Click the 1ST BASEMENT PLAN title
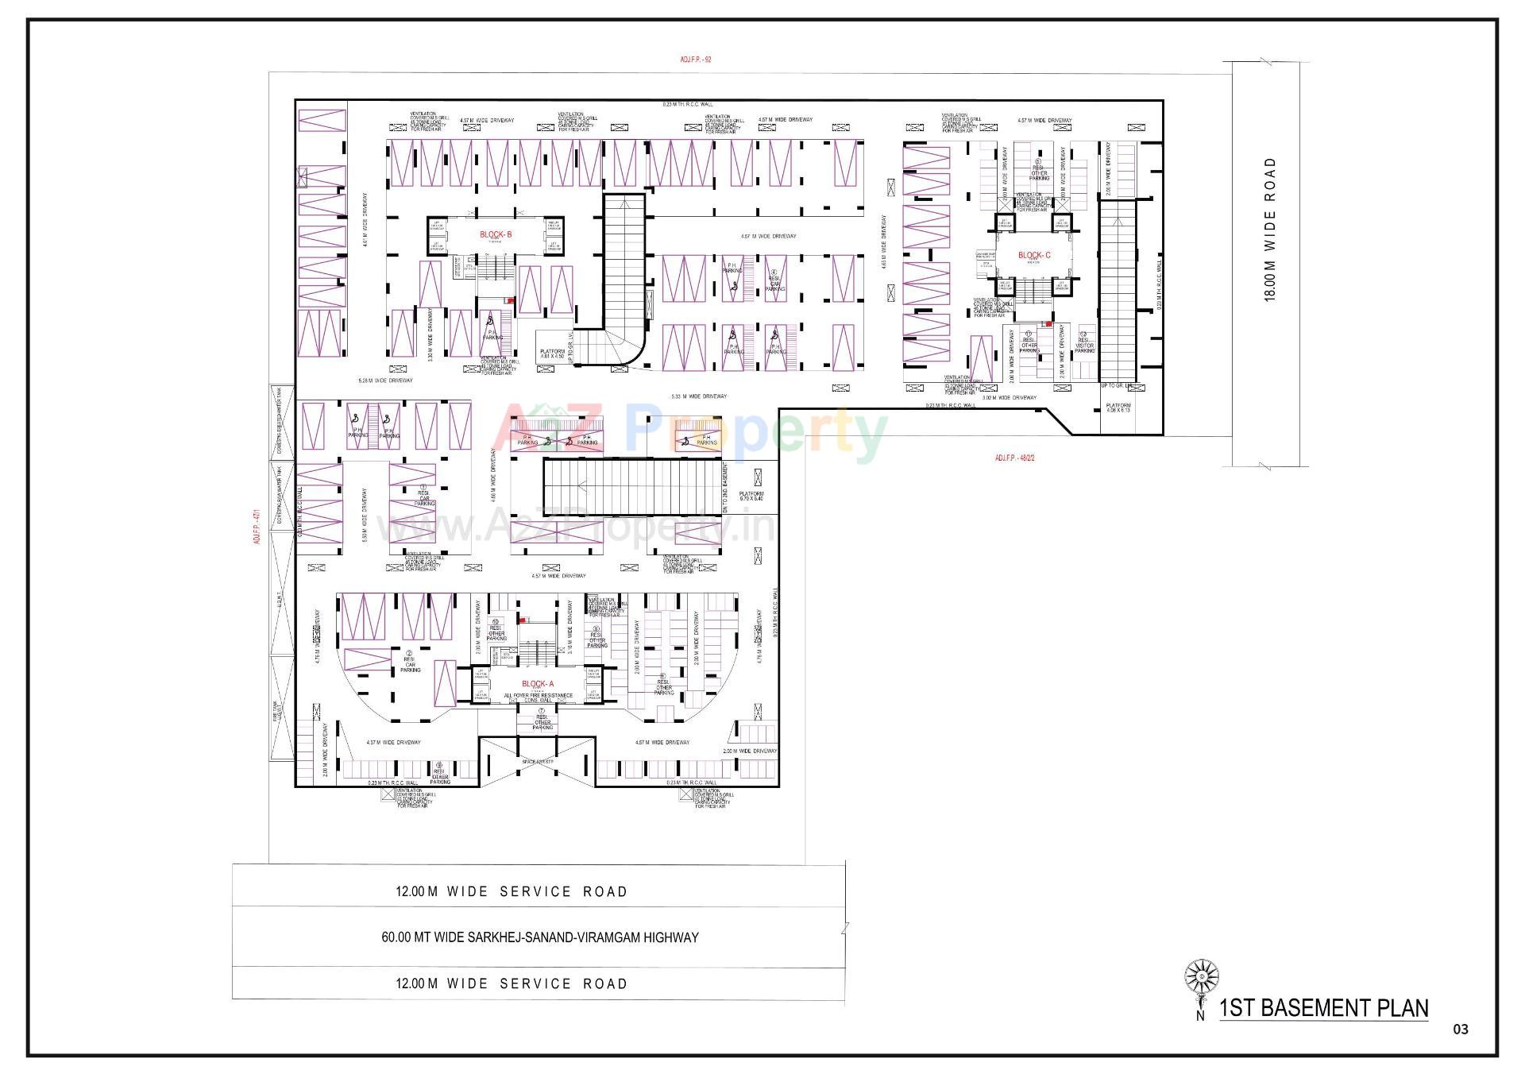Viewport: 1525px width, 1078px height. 1323,1008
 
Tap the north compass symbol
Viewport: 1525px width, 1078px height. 1201,976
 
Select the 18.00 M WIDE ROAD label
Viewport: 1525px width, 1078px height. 1270,229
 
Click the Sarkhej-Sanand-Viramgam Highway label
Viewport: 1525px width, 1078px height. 540,937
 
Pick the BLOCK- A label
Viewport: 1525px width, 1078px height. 538,684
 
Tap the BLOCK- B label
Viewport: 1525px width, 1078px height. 496,234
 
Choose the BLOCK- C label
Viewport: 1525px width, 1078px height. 1034,255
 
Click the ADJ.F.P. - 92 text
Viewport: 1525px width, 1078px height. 696,59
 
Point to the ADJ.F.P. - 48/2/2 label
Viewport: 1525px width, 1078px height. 1014,458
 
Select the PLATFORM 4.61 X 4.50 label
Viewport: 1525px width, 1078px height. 552,354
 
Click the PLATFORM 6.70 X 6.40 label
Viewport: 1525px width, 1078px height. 751,496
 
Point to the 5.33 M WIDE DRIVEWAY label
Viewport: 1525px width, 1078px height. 699,396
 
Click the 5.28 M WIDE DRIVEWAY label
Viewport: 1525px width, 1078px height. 386,381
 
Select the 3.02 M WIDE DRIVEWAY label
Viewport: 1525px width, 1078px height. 1009,397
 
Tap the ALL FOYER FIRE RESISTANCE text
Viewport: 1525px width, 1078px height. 538,696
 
